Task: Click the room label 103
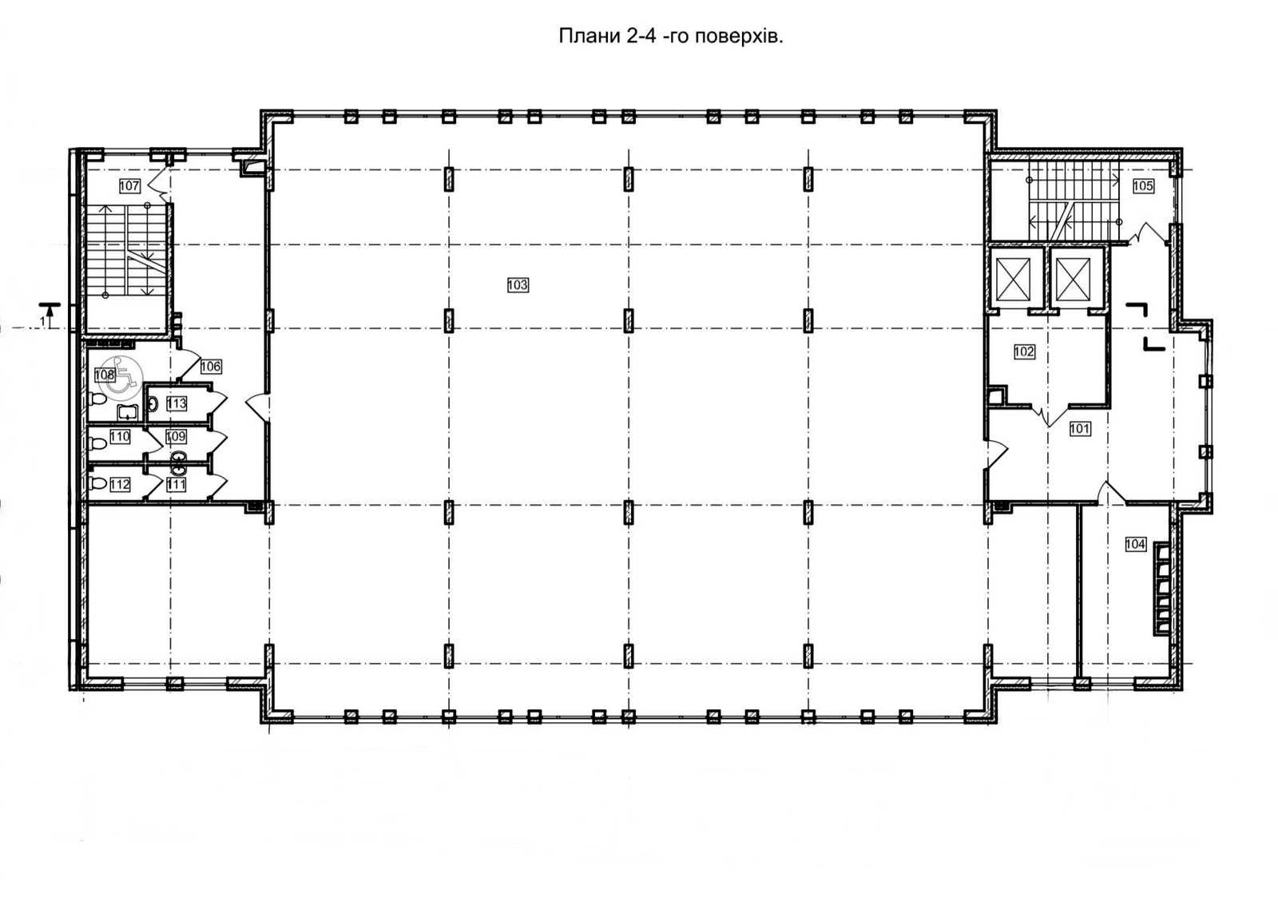[518, 284]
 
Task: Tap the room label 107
[129, 185]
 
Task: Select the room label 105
[1143, 185]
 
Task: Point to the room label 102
[1024, 351]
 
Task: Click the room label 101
[1080, 428]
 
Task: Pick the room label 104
[1135, 544]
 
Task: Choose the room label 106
[211, 367]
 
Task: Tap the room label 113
[177, 403]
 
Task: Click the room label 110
[120, 436]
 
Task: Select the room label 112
[120, 485]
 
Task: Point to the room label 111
[177, 485]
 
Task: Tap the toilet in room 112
[98, 484]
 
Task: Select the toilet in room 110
[98, 443]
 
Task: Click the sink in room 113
[153, 404]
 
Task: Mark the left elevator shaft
[1014, 279]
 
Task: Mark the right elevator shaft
[1074, 279]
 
